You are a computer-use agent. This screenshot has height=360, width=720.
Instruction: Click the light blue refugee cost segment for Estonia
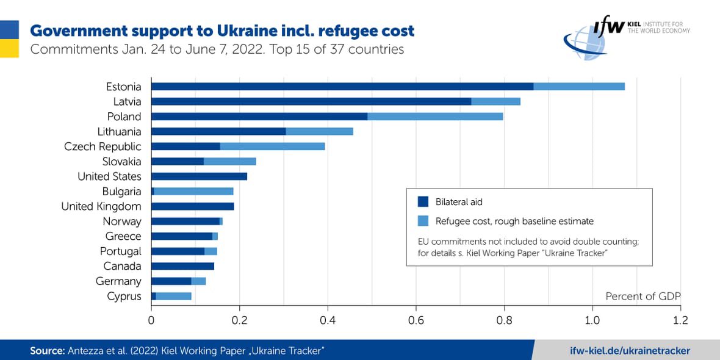click(x=579, y=86)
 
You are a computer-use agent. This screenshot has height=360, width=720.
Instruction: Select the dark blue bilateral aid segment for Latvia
click(x=311, y=101)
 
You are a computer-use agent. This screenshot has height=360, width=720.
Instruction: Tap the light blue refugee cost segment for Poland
click(x=435, y=116)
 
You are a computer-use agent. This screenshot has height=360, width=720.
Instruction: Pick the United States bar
click(x=199, y=176)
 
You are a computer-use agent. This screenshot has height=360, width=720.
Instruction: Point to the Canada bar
click(x=182, y=266)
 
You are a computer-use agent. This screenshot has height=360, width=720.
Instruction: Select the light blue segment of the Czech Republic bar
click(x=272, y=146)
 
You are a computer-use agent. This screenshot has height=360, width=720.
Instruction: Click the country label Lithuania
click(x=119, y=132)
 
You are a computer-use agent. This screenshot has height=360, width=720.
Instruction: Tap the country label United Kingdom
click(x=101, y=206)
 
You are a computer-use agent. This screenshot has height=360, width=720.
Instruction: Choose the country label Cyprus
click(x=124, y=297)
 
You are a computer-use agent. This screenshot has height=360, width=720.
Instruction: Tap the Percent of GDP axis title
click(x=643, y=296)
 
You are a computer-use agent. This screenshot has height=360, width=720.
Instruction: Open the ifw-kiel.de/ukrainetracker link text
click(x=629, y=350)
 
